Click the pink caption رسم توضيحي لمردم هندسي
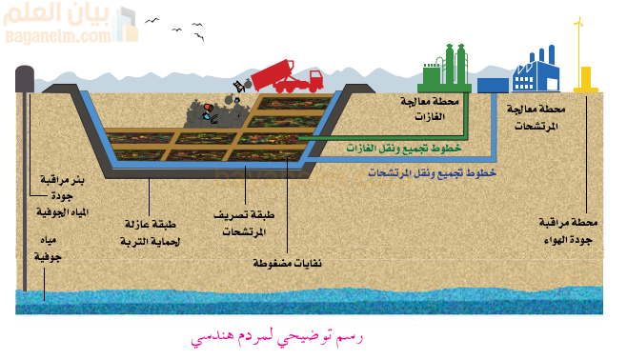[x=276, y=337]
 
